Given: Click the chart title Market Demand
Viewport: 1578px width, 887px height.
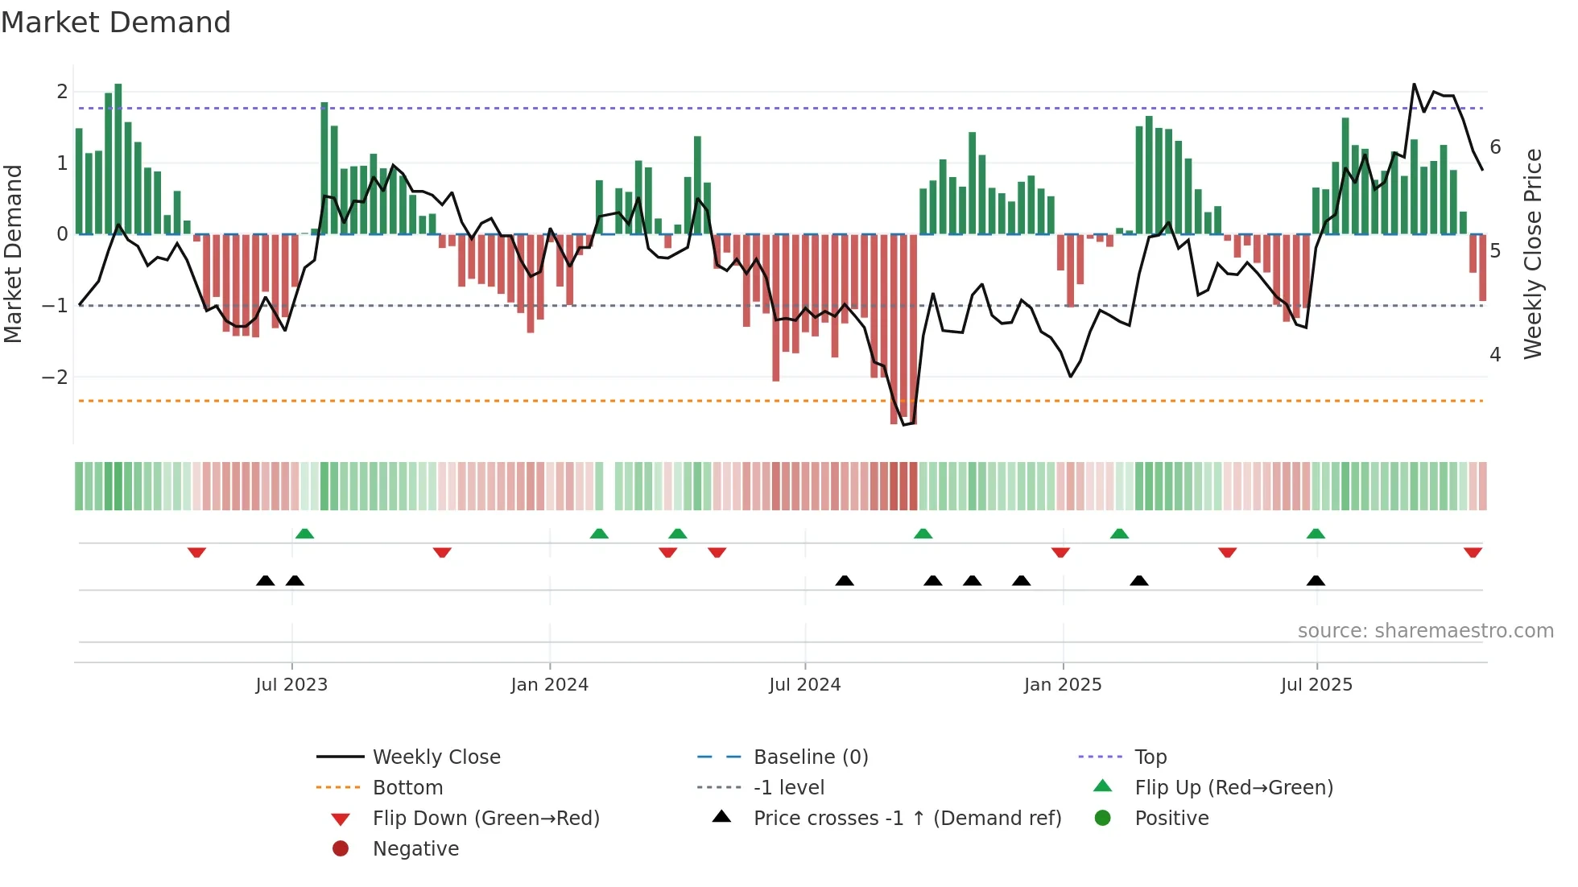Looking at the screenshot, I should click(x=116, y=23).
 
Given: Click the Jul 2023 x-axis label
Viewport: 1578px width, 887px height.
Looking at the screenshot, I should click(x=291, y=685).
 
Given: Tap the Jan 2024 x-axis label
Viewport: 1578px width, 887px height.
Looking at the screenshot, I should click(x=549, y=685).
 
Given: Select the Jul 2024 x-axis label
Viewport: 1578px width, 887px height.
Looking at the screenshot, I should click(x=804, y=685).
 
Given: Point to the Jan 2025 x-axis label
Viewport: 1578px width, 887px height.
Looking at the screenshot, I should click(x=1062, y=685).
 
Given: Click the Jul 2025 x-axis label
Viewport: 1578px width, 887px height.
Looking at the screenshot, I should click(x=1316, y=685).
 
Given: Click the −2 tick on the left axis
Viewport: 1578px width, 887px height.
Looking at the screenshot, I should click(x=55, y=377).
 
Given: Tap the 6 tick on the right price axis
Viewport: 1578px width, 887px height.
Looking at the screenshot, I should click(x=1495, y=147).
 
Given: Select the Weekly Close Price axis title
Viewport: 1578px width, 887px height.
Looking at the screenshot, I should click(x=1533, y=254).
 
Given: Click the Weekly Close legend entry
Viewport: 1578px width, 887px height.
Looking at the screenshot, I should click(x=436, y=757).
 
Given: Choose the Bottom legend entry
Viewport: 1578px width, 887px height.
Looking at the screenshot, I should click(x=407, y=788).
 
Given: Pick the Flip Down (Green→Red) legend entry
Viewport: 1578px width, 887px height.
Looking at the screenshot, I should click(x=485, y=819).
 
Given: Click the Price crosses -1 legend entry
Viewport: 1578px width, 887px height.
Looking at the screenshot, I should click(x=907, y=819).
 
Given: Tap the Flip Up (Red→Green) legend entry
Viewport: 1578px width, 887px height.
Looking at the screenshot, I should click(x=1233, y=788).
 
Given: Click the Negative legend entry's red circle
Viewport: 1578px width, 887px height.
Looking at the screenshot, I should click(x=341, y=849).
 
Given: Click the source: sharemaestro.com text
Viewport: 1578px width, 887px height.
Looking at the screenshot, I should click(x=1425, y=631).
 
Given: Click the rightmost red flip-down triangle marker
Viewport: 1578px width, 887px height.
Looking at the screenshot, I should click(x=1473, y=552).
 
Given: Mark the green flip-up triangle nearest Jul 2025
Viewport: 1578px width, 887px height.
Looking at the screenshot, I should click(x=1316, y=534).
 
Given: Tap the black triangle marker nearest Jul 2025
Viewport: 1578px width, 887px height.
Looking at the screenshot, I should click(x=1316, y=581).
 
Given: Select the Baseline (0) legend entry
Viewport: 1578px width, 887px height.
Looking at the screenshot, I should click(x=810, y=757).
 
